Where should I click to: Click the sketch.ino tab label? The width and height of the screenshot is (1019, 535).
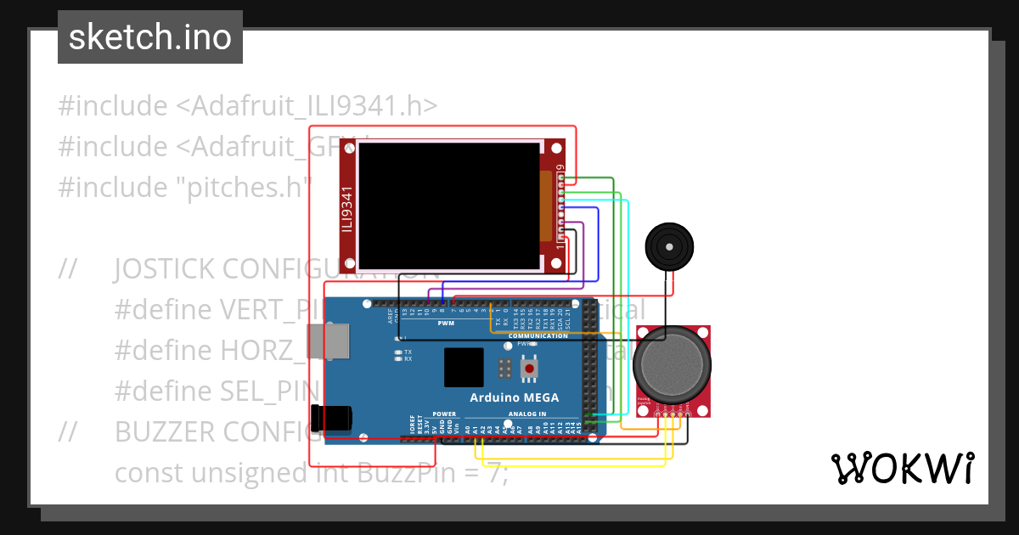pyautogui.click(x=150, y=37)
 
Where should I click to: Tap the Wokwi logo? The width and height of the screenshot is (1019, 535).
pyautogui.click(x=902, y=468)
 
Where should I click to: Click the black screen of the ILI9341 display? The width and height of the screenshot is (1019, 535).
pyautogui.click(x=448, y=206)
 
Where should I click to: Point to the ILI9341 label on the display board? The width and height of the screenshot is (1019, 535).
pyautogui.click(x=347, y=209)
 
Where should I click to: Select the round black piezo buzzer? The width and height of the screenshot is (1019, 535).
pyautogui.click(x=670, y=247)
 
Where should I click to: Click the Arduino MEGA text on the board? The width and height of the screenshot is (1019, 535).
pyautogui.click(x=515, y=397)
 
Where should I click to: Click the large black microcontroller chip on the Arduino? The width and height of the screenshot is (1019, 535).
pyautogui.click(x=464, y=368)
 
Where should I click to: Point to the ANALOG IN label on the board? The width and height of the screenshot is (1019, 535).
pyautogui.click(x=527, y=414)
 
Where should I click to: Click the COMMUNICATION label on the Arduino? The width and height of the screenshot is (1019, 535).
pyautogui.click(x=538, y=335)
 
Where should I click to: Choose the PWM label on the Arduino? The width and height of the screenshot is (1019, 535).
pyautogui.click(x=446, y=324)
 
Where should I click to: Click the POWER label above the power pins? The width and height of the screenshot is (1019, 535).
pyautogui.click(x=444, y=414)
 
